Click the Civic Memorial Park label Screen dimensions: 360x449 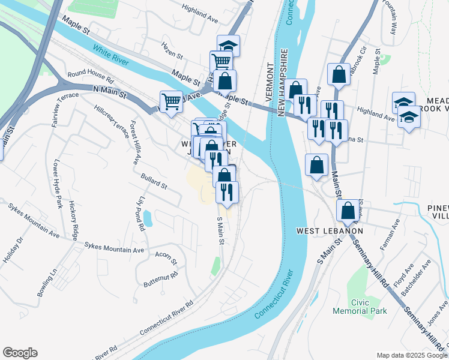coord(360,306)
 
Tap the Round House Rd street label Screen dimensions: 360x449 coord(91,77)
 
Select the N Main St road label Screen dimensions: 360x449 coord(110,92)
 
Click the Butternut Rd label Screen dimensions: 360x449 coord(161,278)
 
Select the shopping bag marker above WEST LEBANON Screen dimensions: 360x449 coord(348,211)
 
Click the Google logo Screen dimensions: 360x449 coord(20,353)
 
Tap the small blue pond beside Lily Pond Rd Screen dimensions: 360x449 coord(148,218)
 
